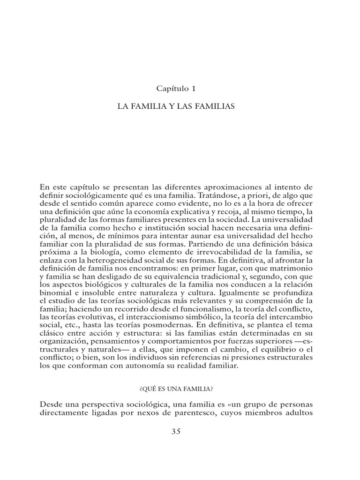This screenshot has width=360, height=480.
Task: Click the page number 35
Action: [x=180, y=431]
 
